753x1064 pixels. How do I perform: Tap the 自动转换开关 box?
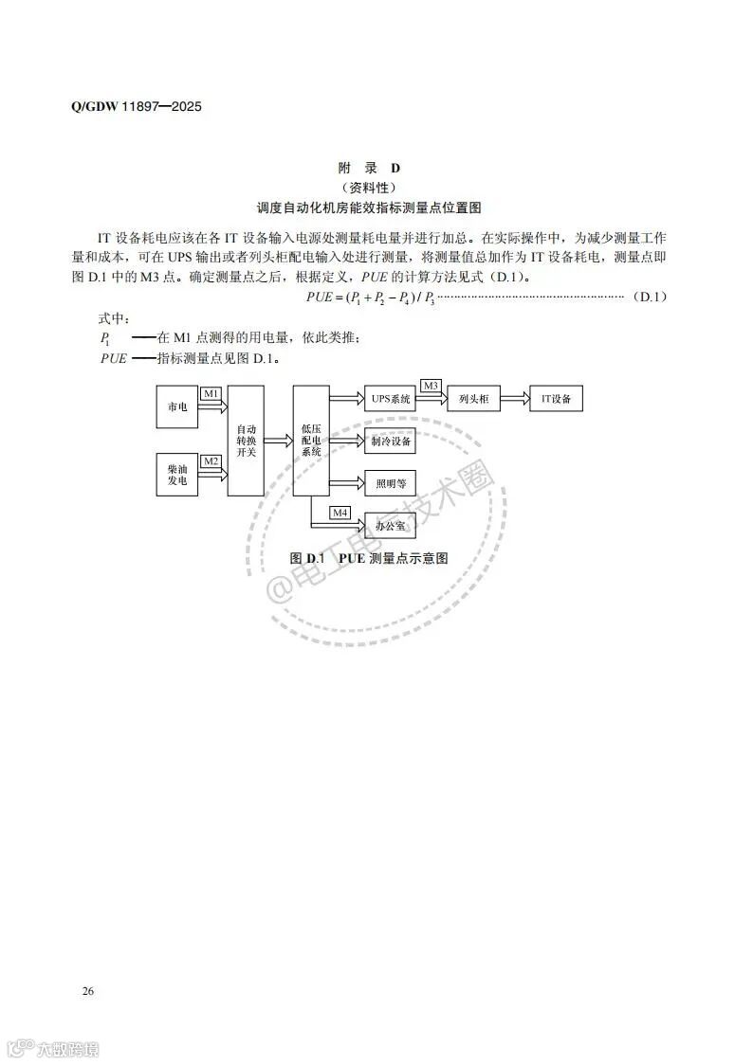[246, 441]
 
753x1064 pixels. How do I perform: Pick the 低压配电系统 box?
[311, 441]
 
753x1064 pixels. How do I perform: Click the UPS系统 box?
[391, 400]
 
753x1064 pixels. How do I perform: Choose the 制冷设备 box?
[391, 442]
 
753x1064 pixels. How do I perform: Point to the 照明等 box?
[391, 483]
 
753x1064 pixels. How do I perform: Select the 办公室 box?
[391, 524]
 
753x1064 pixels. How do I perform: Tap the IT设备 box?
[556, 400]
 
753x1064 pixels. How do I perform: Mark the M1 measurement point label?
[211, 392]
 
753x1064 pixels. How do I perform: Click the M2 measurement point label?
[211, 461]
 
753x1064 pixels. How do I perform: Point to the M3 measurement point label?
[431, 386]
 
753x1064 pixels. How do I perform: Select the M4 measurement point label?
[340, 513]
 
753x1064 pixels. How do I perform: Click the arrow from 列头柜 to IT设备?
[513, 400]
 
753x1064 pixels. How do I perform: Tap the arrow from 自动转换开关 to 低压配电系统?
[279, 441]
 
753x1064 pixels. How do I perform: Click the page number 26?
[88, 991]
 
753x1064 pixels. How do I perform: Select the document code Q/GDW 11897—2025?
[137, 106]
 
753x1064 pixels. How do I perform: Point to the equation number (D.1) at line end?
[650, 298]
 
